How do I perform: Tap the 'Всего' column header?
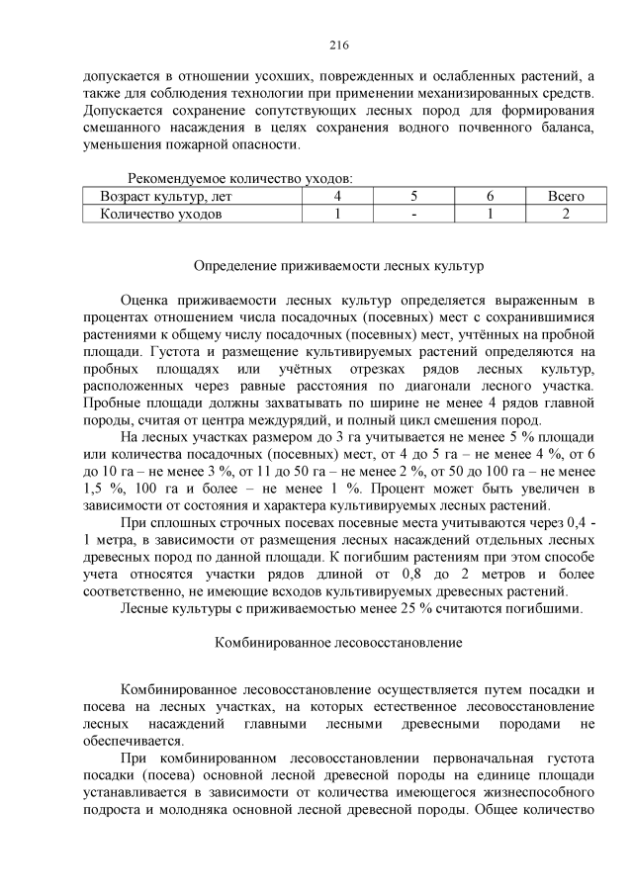tap(566, 196)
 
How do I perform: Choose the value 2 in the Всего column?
tap(566, 214)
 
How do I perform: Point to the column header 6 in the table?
tap(490, 196)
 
